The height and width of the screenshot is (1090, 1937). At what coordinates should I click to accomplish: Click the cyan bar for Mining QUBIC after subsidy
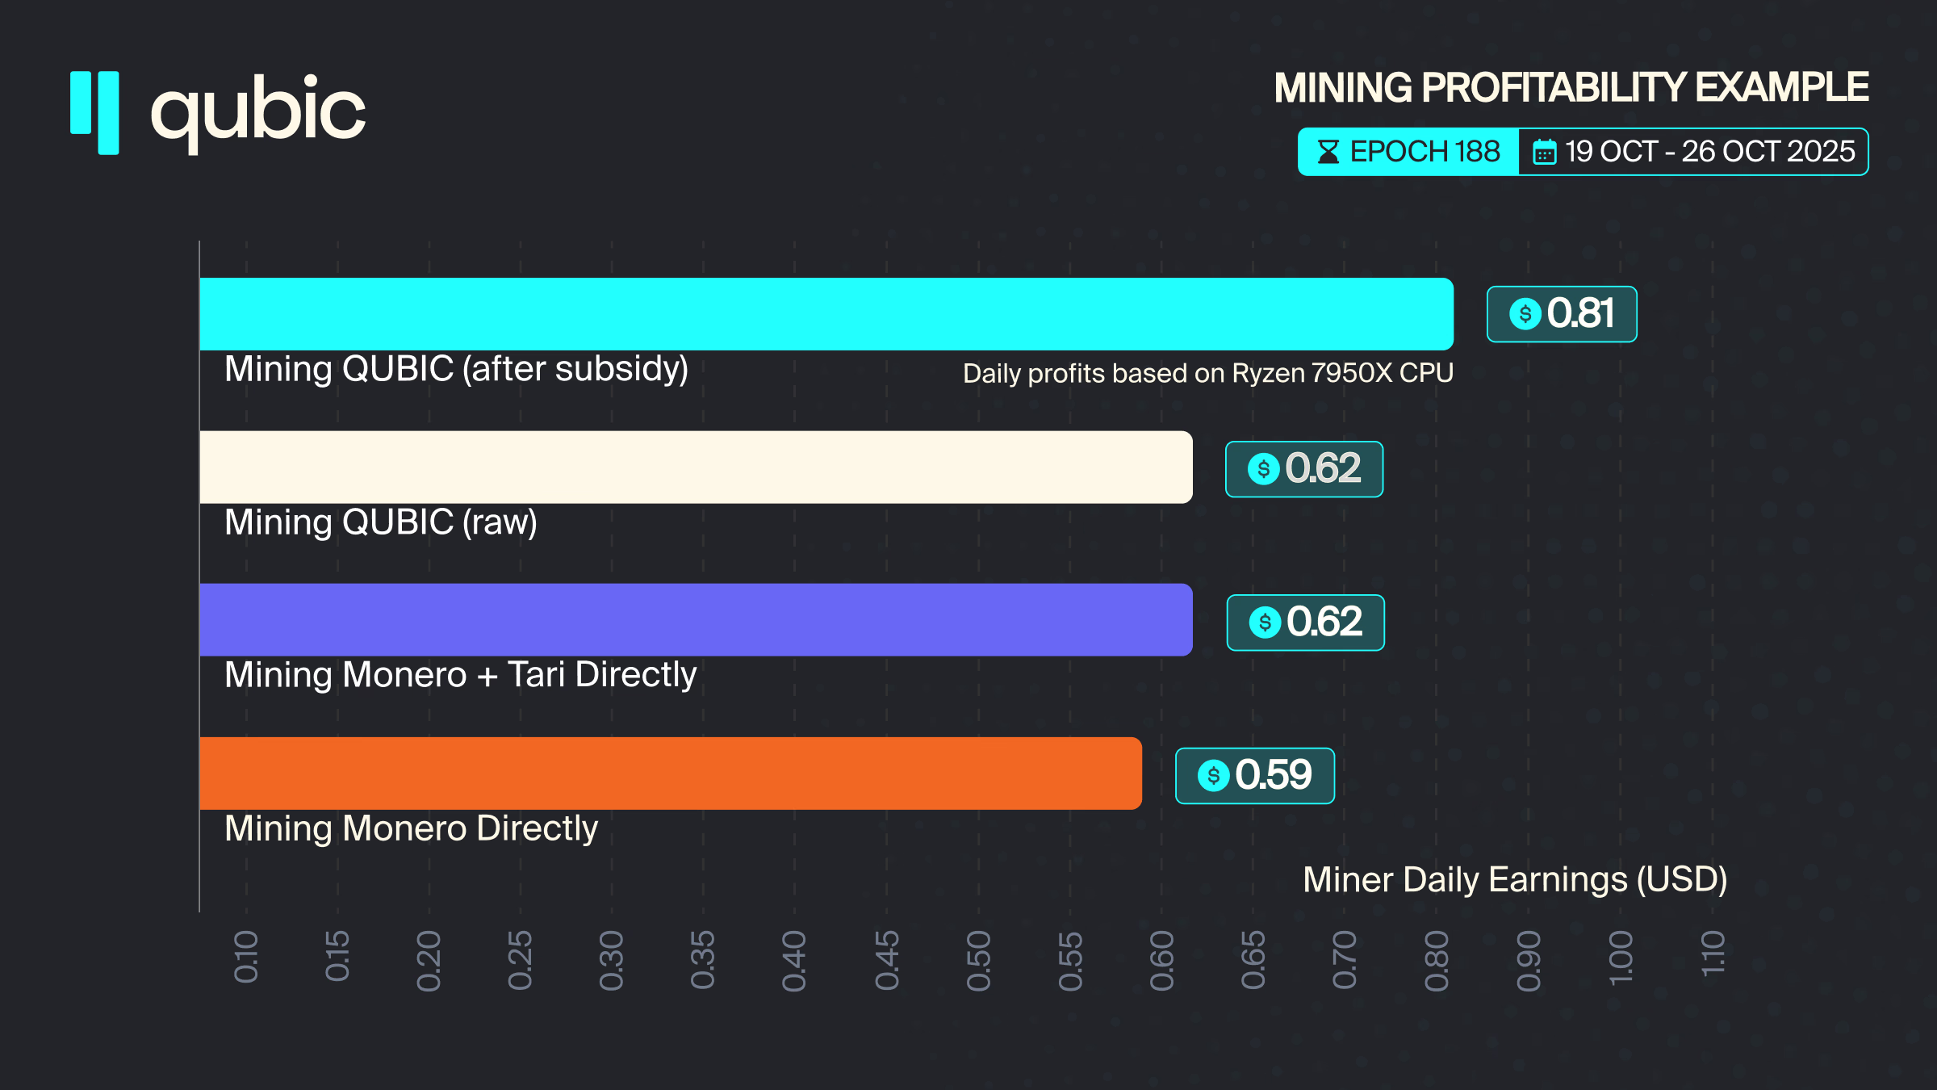tap(826, 314)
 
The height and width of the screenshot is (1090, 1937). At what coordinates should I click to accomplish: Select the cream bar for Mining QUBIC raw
tap(696, 467)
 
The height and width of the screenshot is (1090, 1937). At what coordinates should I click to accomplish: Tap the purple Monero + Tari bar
tap(696, 620)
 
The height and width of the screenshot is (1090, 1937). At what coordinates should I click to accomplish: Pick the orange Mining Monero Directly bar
tap(670, 773)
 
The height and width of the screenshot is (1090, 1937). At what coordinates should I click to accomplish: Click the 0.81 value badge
tap(1562, 314)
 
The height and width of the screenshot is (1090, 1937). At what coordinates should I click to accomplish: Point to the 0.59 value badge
tap(1255, 776)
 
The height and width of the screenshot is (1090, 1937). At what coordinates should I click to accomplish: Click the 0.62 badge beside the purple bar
tap(1305, 623)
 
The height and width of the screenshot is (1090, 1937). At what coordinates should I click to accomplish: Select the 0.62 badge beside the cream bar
tap(1304, 469)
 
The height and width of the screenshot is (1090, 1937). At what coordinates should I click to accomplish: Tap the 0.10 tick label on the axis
tap(246, 957)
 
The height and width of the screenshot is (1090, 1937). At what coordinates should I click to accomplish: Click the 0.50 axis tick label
tap(978, 960)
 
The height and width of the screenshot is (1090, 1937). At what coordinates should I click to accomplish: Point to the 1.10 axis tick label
tap(1712, 954)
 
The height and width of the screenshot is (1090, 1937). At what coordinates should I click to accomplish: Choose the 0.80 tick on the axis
tap(1437, 960)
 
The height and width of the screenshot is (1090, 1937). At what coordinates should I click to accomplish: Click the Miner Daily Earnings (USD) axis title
tap(1515, 879)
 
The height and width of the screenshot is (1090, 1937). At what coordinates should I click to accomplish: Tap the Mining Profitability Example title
tap(1571, 88)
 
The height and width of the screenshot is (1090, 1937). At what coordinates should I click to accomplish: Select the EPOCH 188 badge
tap(1408, 152)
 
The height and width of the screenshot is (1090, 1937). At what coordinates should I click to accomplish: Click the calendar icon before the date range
tap(1544, 152)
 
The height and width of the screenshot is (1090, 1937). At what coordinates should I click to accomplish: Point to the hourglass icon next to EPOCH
tap(1328, 152)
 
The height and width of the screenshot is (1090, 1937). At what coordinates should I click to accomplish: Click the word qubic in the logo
tap(258, 111)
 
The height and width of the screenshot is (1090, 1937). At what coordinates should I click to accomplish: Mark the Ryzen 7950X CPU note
tap(1207, 373)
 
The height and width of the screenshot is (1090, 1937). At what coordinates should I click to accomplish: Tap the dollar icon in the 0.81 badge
tap(1525, 314)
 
